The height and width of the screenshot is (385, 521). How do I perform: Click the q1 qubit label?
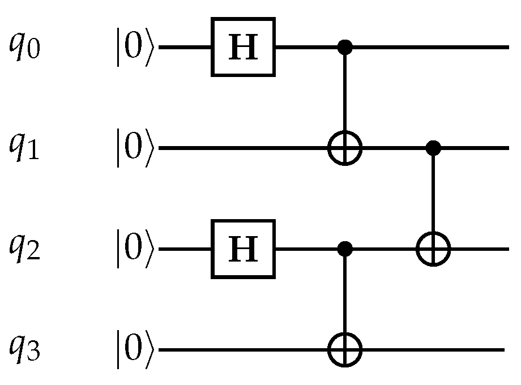point(25,149)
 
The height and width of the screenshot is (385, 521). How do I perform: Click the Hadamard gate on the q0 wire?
point(243,48)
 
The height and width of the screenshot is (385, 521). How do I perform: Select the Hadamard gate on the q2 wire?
point(243,249)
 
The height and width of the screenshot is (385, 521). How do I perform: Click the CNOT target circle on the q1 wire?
point(344,149)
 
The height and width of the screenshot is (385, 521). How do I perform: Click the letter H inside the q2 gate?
point(243,250)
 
